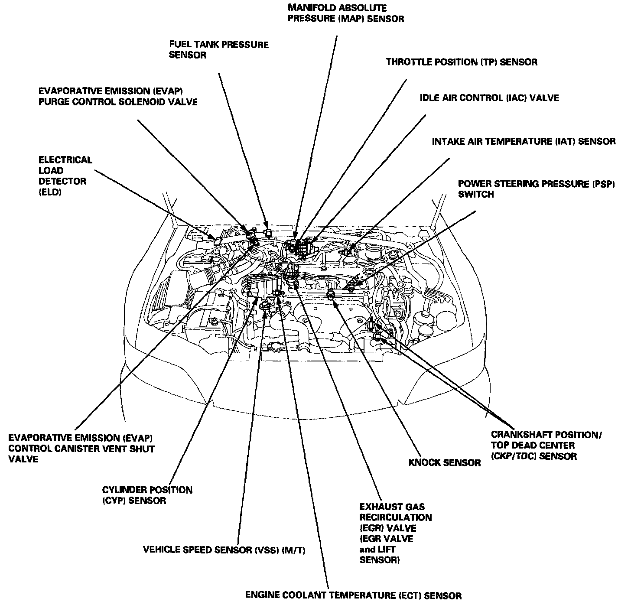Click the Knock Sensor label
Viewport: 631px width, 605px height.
pos(444,463)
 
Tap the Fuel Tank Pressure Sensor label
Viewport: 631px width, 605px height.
pos(218,50)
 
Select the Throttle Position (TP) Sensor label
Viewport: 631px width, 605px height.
pos(461,62)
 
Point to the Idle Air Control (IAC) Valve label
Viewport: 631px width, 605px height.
pos(489,98)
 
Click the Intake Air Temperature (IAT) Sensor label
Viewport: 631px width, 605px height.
pos(523,142)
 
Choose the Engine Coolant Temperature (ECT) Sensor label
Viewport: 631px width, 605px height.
pos(353,595)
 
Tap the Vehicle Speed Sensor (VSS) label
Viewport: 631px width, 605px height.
pos(224,550)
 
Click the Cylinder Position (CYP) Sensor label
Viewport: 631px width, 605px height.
pos(147,495)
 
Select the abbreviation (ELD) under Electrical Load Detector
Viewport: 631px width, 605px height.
pos(50,192)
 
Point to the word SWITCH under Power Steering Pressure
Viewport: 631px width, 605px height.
pos(475,195)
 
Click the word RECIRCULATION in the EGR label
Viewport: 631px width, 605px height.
pos(395,517)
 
